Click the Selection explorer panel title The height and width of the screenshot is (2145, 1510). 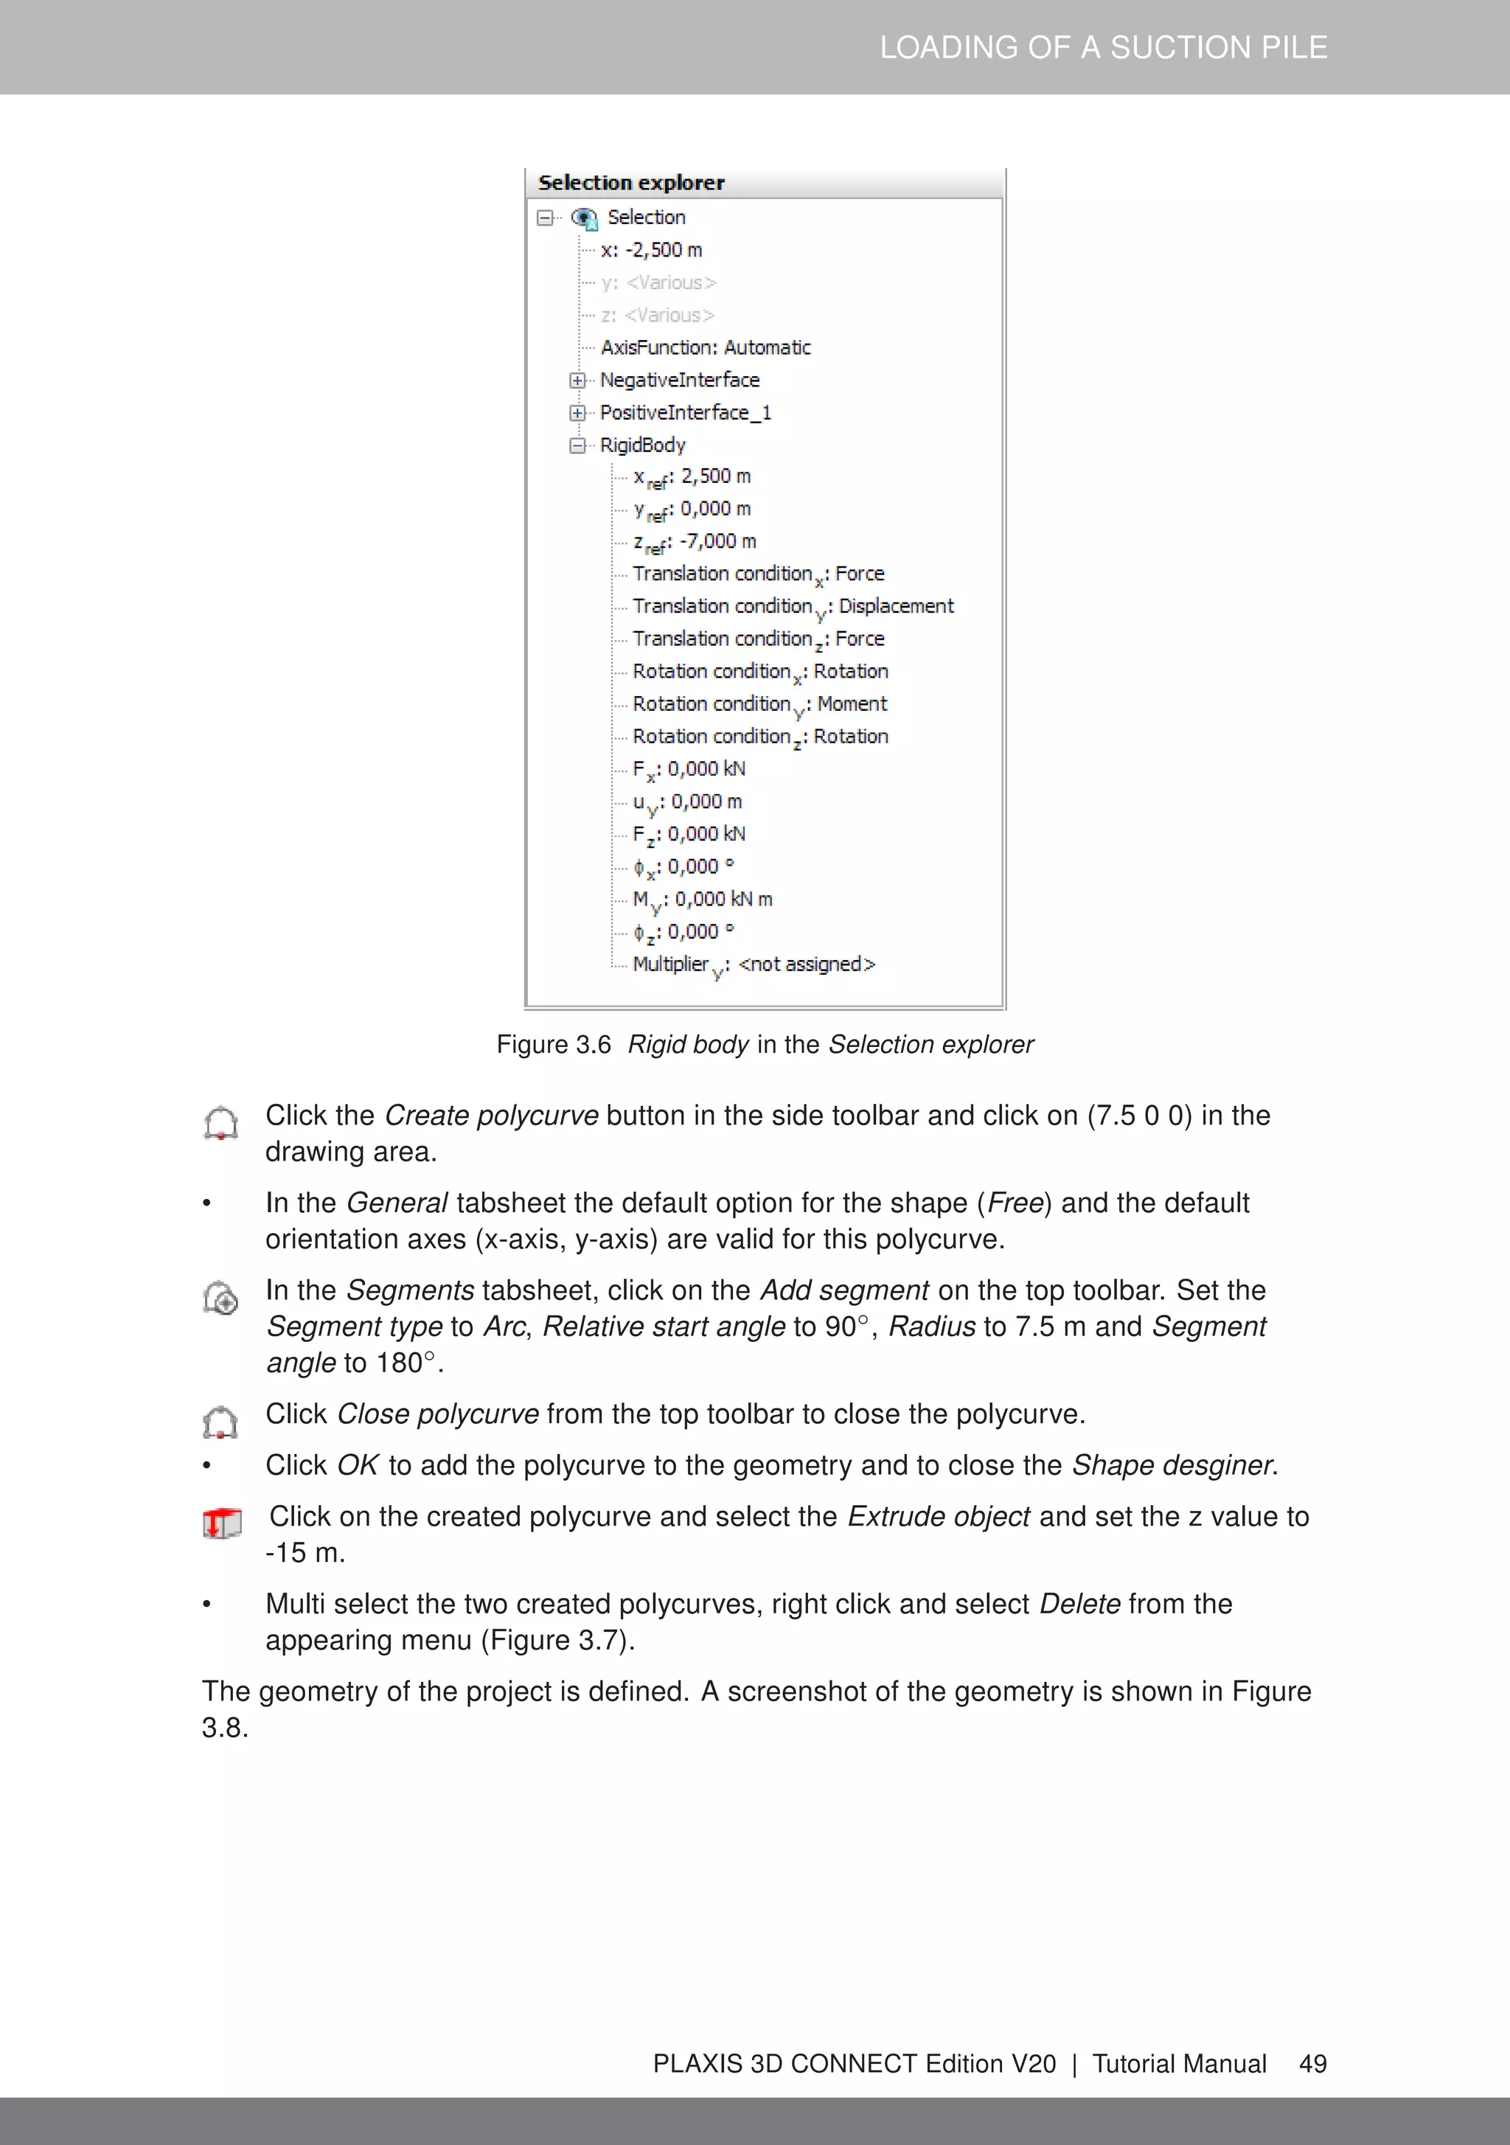[630, 183]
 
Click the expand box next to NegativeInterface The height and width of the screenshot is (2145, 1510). [577, 380]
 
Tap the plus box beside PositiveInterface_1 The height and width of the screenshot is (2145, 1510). [577, 413]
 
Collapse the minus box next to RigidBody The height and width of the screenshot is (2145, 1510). [577, 445]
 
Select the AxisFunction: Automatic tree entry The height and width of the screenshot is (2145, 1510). [706, 347]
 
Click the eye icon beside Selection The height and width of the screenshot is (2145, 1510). [584, 218]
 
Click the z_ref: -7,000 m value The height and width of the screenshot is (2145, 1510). [695, 542]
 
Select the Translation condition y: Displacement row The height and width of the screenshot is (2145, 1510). [793, 606]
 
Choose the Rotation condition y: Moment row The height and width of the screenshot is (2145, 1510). [759, 704]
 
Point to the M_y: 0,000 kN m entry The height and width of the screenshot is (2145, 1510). [702, 900]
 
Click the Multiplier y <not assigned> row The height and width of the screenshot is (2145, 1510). [753, 964]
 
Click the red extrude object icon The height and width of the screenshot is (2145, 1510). [221, 1523]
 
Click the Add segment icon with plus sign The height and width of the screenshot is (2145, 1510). [221, 1298]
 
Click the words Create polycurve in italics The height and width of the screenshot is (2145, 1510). [490, 1116]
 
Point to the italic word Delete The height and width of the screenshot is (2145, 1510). [1079, 1604]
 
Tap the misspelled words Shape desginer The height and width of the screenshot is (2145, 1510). [1172, 1465]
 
